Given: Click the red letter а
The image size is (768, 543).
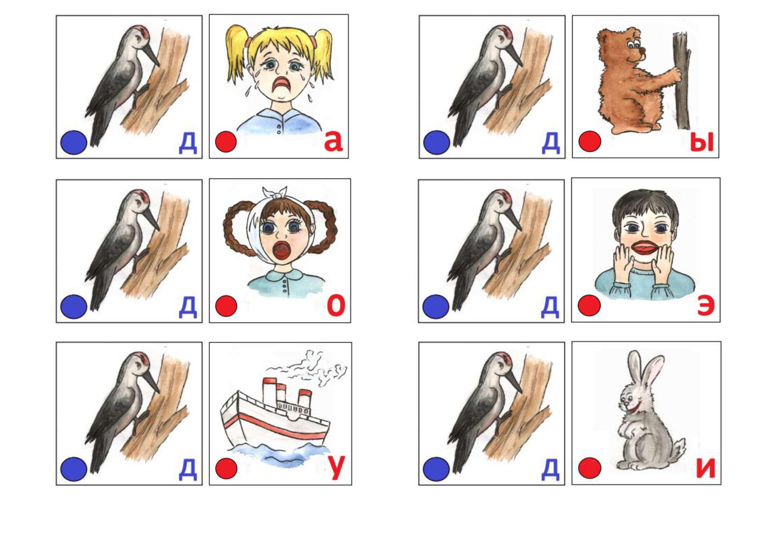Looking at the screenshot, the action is (333, 141).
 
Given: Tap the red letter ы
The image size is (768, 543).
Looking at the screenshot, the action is (701, 142).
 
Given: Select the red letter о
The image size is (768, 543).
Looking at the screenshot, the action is (336, 305).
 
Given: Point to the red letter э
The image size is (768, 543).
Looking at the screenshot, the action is (705, 305).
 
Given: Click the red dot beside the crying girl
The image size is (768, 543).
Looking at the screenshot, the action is (226, 141).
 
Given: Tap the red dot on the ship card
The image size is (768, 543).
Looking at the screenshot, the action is (226, 469).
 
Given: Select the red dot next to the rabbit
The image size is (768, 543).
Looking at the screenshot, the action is (589, 468).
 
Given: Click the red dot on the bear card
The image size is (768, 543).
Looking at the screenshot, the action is (590, 141).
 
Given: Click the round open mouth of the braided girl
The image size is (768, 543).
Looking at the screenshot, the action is (281, 251).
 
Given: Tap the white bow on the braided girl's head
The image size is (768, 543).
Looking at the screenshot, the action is (274, 193).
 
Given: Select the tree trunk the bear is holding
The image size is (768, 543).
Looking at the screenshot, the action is (682, 81).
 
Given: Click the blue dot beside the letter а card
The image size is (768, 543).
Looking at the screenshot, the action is (74, 142).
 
